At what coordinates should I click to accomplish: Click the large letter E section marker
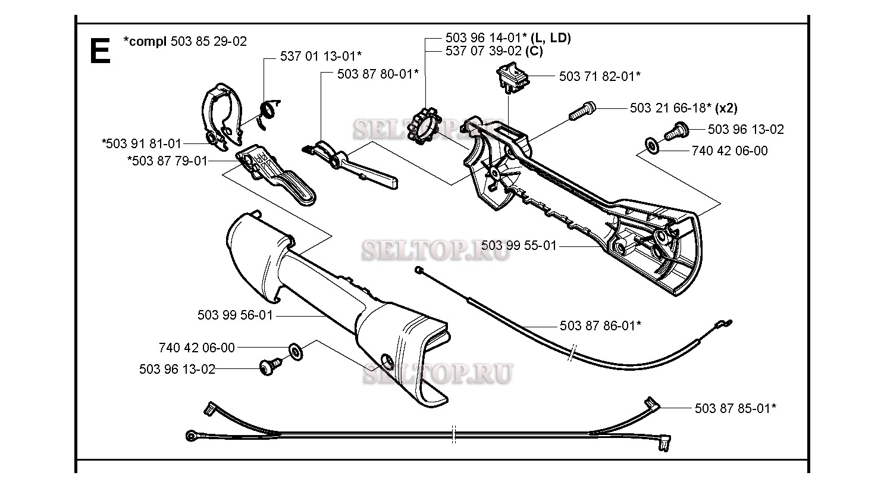pyautogui.click(x=100, y=51)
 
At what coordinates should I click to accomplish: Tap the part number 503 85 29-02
pyautogui.click(x=209, y=41)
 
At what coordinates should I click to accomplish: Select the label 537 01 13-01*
pyautogui.click(x=321, y=56)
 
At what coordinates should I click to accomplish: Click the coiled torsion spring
pyautogui.click(x=269, y=113)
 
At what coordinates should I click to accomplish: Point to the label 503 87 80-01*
pyautogui.click(x=378, y=74)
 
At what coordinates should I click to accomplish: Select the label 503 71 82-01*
pyautogui.click(x=600, y=76)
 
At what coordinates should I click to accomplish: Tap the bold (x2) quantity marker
pyautogui.click(x=726, y=108)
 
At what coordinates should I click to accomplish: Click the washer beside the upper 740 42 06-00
pyautogui.click(x=652, y=146)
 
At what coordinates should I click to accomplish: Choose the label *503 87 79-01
pyautogui.click(x=167, y=161)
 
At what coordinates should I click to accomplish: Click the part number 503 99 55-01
pyautogui.click(x=519, y=245)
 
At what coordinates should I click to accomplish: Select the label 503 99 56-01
pyautogui.click(x=235, y=315)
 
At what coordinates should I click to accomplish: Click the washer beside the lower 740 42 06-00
pyautogui.click(x=296, y=352)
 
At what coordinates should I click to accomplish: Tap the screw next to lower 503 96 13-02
pyautogui.click(x=270, y=367)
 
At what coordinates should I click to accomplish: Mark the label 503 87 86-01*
pyautogui.click(x=600, y=326)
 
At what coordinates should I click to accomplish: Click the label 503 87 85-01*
pyautogui.click(x=735, y=408)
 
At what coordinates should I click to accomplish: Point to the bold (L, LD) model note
pyautogui.click(x=551, y=38)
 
